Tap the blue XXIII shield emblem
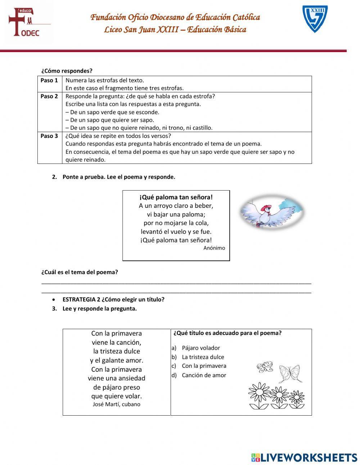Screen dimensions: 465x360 (315, 19)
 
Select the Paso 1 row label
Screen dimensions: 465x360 (49, 80)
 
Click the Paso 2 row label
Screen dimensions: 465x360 (49, 96)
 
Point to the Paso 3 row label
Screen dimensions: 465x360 (49, 136)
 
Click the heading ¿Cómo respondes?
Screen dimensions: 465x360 (67, 71)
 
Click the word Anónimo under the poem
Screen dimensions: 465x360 (214, 248)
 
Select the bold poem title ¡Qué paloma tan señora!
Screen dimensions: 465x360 (176, 197)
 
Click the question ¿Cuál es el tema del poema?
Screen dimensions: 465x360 (80, 272)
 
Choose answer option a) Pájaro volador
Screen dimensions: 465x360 (201, 348)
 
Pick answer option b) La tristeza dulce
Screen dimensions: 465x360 (203, 357)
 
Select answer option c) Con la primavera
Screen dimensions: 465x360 (204, 366)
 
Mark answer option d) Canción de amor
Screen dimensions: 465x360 (204, 375)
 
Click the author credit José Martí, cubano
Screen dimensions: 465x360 (116, 404)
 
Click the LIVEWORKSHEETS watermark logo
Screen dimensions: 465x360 (304, 457)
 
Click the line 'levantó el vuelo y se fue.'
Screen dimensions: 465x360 (176, 232)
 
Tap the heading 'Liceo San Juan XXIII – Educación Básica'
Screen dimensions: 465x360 (175, 30)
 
